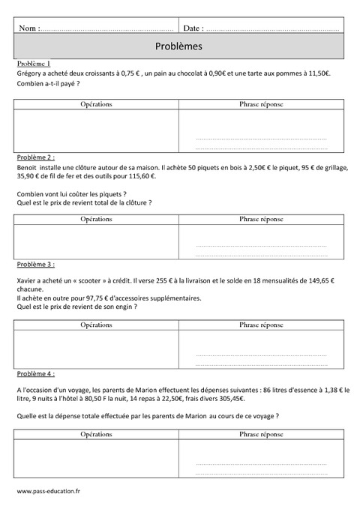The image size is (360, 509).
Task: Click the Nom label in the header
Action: pos(28,28)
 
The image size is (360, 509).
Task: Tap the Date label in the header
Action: pos(192,28)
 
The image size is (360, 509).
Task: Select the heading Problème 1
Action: pos(32,64)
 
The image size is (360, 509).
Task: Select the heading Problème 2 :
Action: pos(34,158)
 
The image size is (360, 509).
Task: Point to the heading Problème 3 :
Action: pos(34,265)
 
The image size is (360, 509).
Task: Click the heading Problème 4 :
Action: pos(34,373)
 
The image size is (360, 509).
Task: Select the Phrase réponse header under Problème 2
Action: pos(261,218)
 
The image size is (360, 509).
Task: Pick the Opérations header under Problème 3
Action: pos(96,325)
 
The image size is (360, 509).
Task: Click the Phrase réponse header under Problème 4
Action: pos(261,433)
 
